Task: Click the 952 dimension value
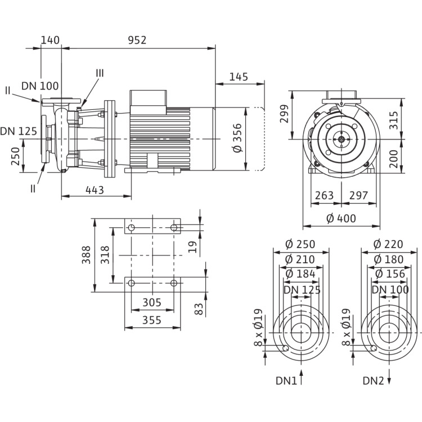point(137,40)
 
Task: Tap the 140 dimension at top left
point(50,40)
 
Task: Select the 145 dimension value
point(239,77)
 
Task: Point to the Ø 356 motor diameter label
point(237,138)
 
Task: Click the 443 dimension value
point(95,190)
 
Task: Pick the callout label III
point(100,73)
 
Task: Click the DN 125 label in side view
point(19,131)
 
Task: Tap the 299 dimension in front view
point(284,114)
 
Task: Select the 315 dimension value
point(393,120)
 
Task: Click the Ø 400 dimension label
point(342,218)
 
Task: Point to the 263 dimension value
point(324,195)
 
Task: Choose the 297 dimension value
point(358,195)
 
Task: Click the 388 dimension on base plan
point(86,255)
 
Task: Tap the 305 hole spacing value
point(152,303)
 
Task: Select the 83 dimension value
point(199,309)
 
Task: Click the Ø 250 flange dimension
point(300,244)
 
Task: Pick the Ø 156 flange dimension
point(390,273)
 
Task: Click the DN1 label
point(286,381)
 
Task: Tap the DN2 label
point(373,381)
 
